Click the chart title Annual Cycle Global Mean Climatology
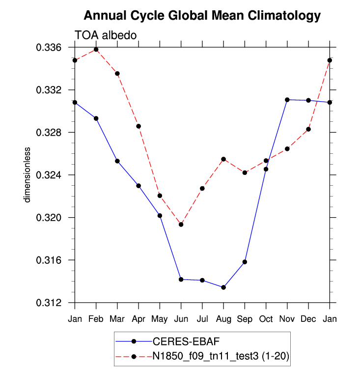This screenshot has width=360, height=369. [202, 16]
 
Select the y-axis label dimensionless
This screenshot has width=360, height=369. [28, 174]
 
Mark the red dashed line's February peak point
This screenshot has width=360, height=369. [96, 50]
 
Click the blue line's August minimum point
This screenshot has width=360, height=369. [223, 287]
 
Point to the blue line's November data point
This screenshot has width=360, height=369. [287, 100]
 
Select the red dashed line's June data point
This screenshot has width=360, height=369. [181, 225]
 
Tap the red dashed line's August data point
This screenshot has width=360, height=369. [223, 159]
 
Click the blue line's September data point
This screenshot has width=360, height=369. [245, 262]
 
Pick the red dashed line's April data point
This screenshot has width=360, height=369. [138, 126]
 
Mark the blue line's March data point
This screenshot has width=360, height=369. [117, 161]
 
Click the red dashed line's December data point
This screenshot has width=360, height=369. [308, 129]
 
